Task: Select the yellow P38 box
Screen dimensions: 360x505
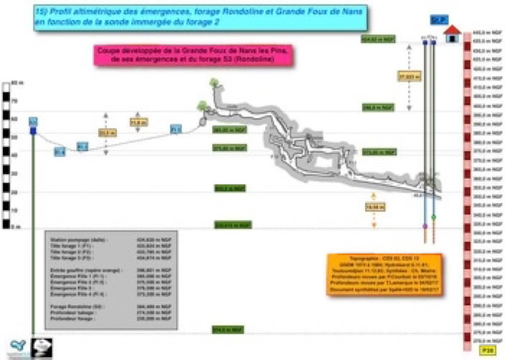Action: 468,350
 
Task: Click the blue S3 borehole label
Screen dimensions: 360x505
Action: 33,123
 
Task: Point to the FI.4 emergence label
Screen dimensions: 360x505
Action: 60,151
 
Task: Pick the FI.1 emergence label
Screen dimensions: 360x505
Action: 176,130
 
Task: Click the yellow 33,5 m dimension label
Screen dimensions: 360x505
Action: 106,133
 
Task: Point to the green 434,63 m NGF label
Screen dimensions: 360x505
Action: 379,40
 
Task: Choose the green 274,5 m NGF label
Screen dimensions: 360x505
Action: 230,330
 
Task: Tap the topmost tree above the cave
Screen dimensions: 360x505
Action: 214,84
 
